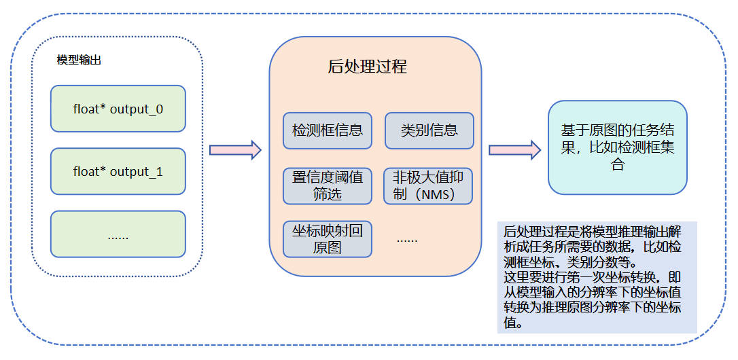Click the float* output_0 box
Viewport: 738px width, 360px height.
118,109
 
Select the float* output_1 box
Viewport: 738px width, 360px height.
118,172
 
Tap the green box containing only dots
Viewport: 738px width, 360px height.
118,234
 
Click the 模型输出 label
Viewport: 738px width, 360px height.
80,59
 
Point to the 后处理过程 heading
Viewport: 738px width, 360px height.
367,67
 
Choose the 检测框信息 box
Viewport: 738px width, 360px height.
328,130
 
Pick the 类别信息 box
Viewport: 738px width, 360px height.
429,130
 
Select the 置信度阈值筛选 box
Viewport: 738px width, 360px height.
328,185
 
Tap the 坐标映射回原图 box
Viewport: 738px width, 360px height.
328,239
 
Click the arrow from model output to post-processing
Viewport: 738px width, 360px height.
235,149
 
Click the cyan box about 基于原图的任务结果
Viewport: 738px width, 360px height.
618,147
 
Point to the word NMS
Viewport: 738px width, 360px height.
436,195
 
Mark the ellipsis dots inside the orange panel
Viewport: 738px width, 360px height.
407,239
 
